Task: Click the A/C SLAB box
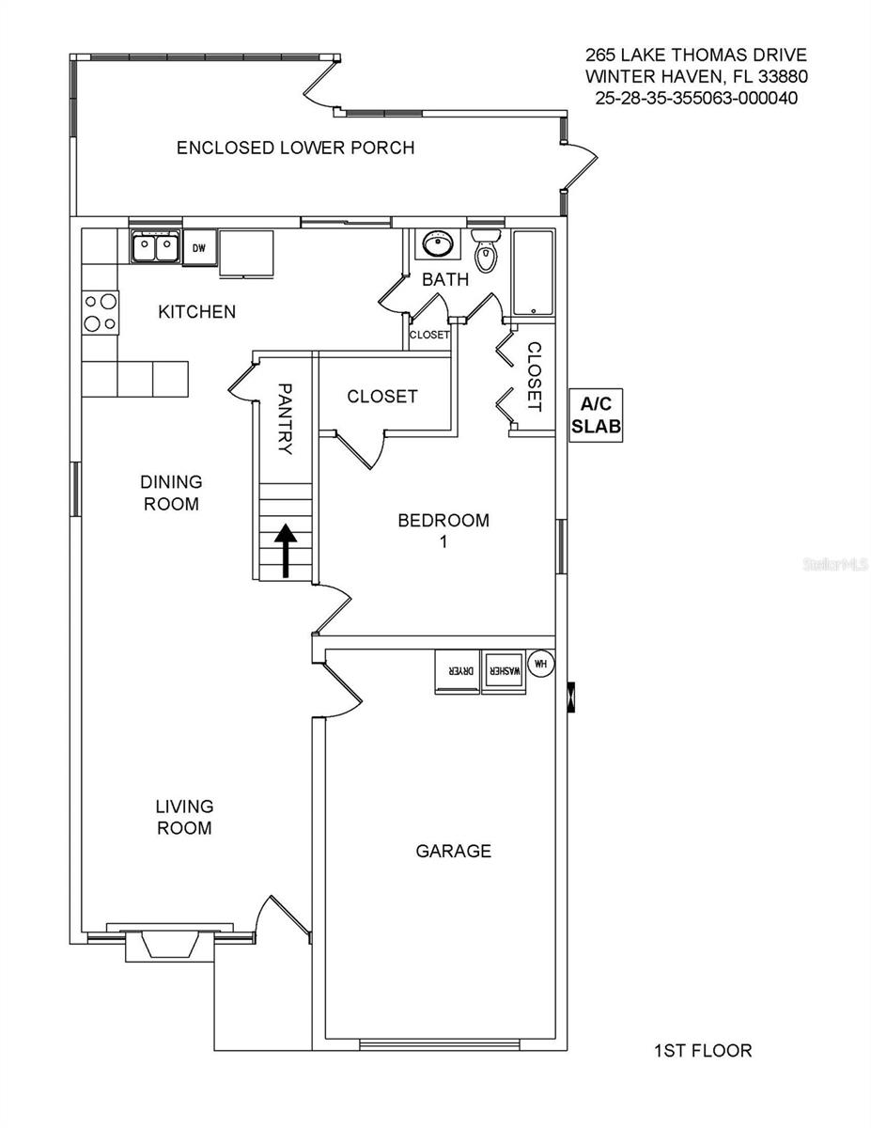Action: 596,415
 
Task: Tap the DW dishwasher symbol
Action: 199,248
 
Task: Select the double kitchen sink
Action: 155,248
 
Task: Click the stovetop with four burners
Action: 101,312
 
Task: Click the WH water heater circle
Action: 540,663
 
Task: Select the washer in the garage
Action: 503,673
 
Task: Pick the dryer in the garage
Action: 458,673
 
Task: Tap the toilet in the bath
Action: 486,251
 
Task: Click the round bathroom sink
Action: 436,244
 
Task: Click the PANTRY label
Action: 285,418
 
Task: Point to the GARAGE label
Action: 454,852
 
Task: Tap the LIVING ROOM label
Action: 184,817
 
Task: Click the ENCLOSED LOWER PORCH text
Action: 296,148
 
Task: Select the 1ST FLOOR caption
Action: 703,1051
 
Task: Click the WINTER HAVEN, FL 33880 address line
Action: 696,76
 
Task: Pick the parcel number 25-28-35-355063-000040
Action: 696,97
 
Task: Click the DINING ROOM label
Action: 171,493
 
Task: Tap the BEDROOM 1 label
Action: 443,530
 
